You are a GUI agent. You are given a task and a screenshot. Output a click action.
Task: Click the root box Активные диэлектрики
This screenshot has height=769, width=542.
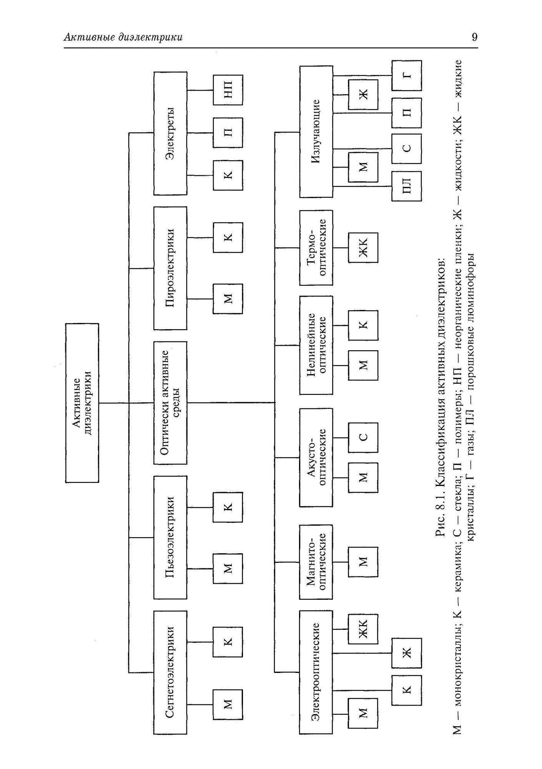pos(82,403)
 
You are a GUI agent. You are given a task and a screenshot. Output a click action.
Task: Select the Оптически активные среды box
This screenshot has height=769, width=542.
pos(170,403)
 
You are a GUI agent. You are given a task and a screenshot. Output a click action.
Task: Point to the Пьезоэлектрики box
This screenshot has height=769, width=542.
pos(170,537)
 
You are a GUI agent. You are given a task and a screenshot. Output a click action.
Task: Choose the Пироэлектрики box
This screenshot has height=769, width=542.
pos(170,268)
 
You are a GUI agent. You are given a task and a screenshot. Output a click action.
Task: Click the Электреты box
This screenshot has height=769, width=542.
pos(170,133)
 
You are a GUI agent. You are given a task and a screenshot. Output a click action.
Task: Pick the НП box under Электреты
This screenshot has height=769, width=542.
pos(228,90)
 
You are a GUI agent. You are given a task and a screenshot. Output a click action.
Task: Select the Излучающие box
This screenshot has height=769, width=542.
pos(316,132)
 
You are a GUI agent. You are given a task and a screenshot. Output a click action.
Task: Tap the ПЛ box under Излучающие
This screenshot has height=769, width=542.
pos(407,186)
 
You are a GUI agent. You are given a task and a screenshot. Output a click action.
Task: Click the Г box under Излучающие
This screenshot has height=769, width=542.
pos(407,75)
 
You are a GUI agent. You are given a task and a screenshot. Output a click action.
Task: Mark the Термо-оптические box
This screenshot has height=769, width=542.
pos(316,248)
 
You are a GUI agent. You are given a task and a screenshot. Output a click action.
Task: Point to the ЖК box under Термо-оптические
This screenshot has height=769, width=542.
pos(363,248)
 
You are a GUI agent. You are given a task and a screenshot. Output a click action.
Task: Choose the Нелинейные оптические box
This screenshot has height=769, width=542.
pos(316,345)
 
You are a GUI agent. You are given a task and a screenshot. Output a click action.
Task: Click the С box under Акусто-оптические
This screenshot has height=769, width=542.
pos(363,438)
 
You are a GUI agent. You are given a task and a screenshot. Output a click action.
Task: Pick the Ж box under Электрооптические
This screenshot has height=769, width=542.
pos(407,652)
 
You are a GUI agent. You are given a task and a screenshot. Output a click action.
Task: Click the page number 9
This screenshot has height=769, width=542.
pos(474,37)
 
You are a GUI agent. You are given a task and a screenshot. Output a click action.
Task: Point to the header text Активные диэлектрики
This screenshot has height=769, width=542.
pos(123,37)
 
